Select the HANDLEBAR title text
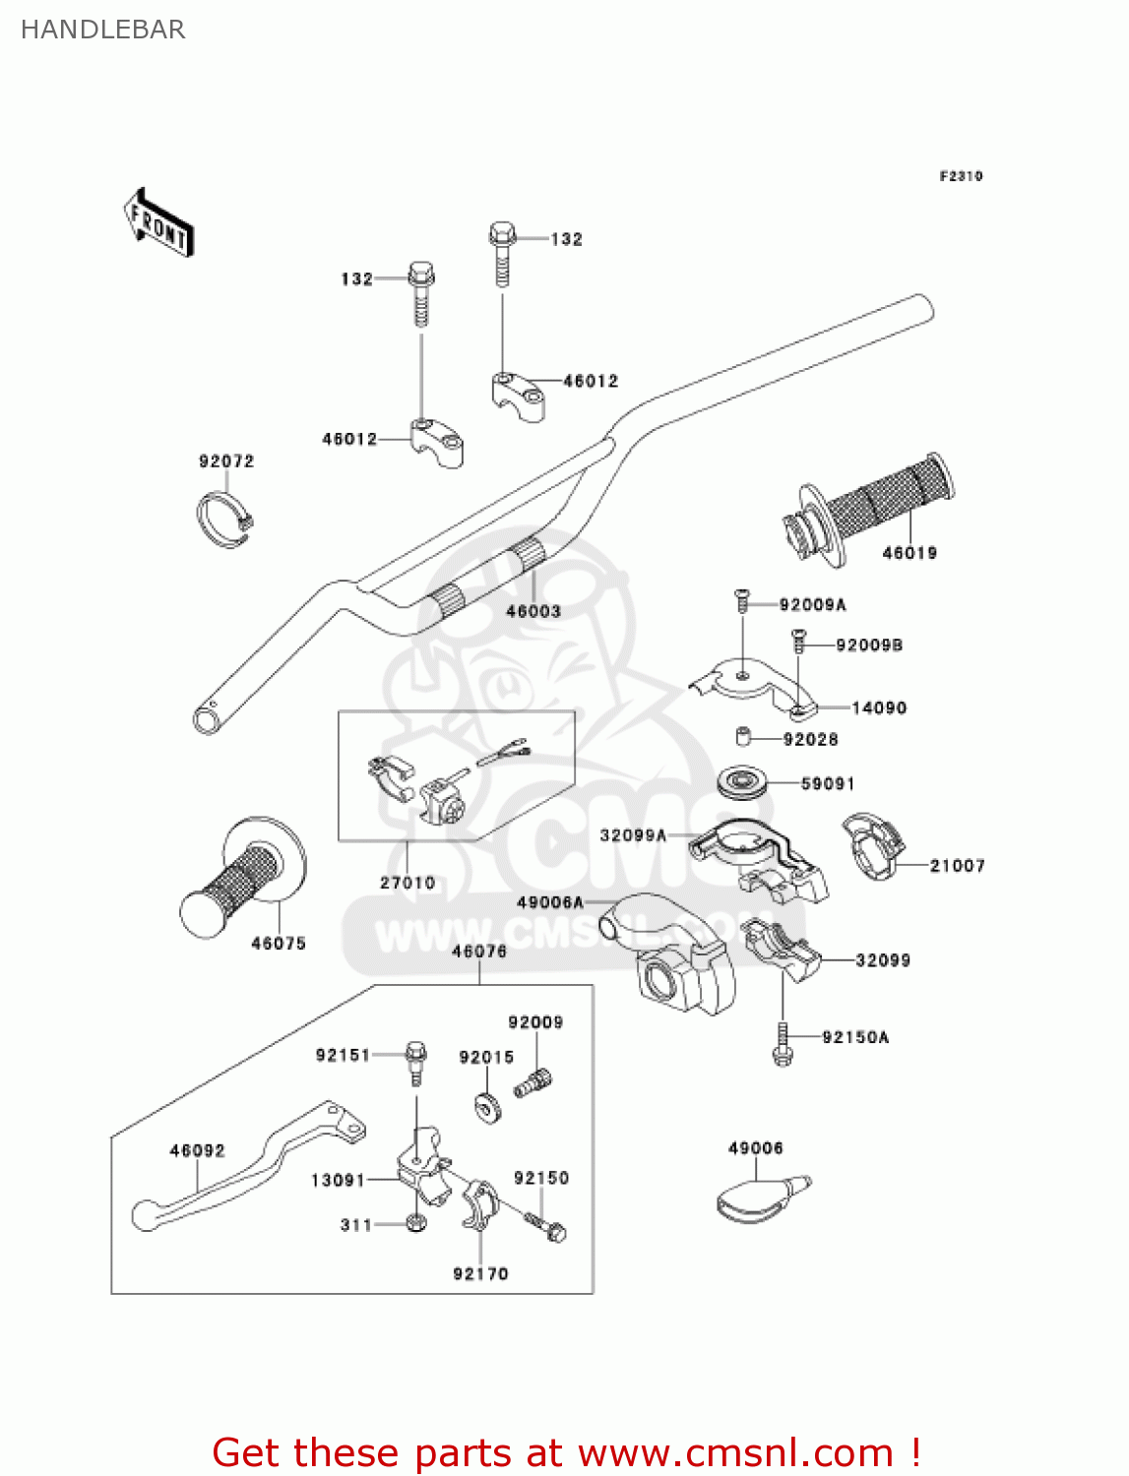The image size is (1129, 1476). click(x=102, y=30)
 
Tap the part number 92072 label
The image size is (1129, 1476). click(x=226, y=461)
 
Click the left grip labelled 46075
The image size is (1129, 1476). click(x=242, y=879)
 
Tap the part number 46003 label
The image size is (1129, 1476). click(x=533, y=611)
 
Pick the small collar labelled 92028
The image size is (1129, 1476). click(x=744, y=737)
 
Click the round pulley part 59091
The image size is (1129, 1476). click(x=743, y=782)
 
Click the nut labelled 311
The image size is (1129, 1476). click(x=415, y=1224)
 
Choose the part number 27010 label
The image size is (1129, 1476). click(x=408, y=883)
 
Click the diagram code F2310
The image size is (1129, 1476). click(x=961, y=176)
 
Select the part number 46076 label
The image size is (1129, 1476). click(x=479, y=951)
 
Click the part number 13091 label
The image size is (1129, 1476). click(x=338, y=1180)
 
